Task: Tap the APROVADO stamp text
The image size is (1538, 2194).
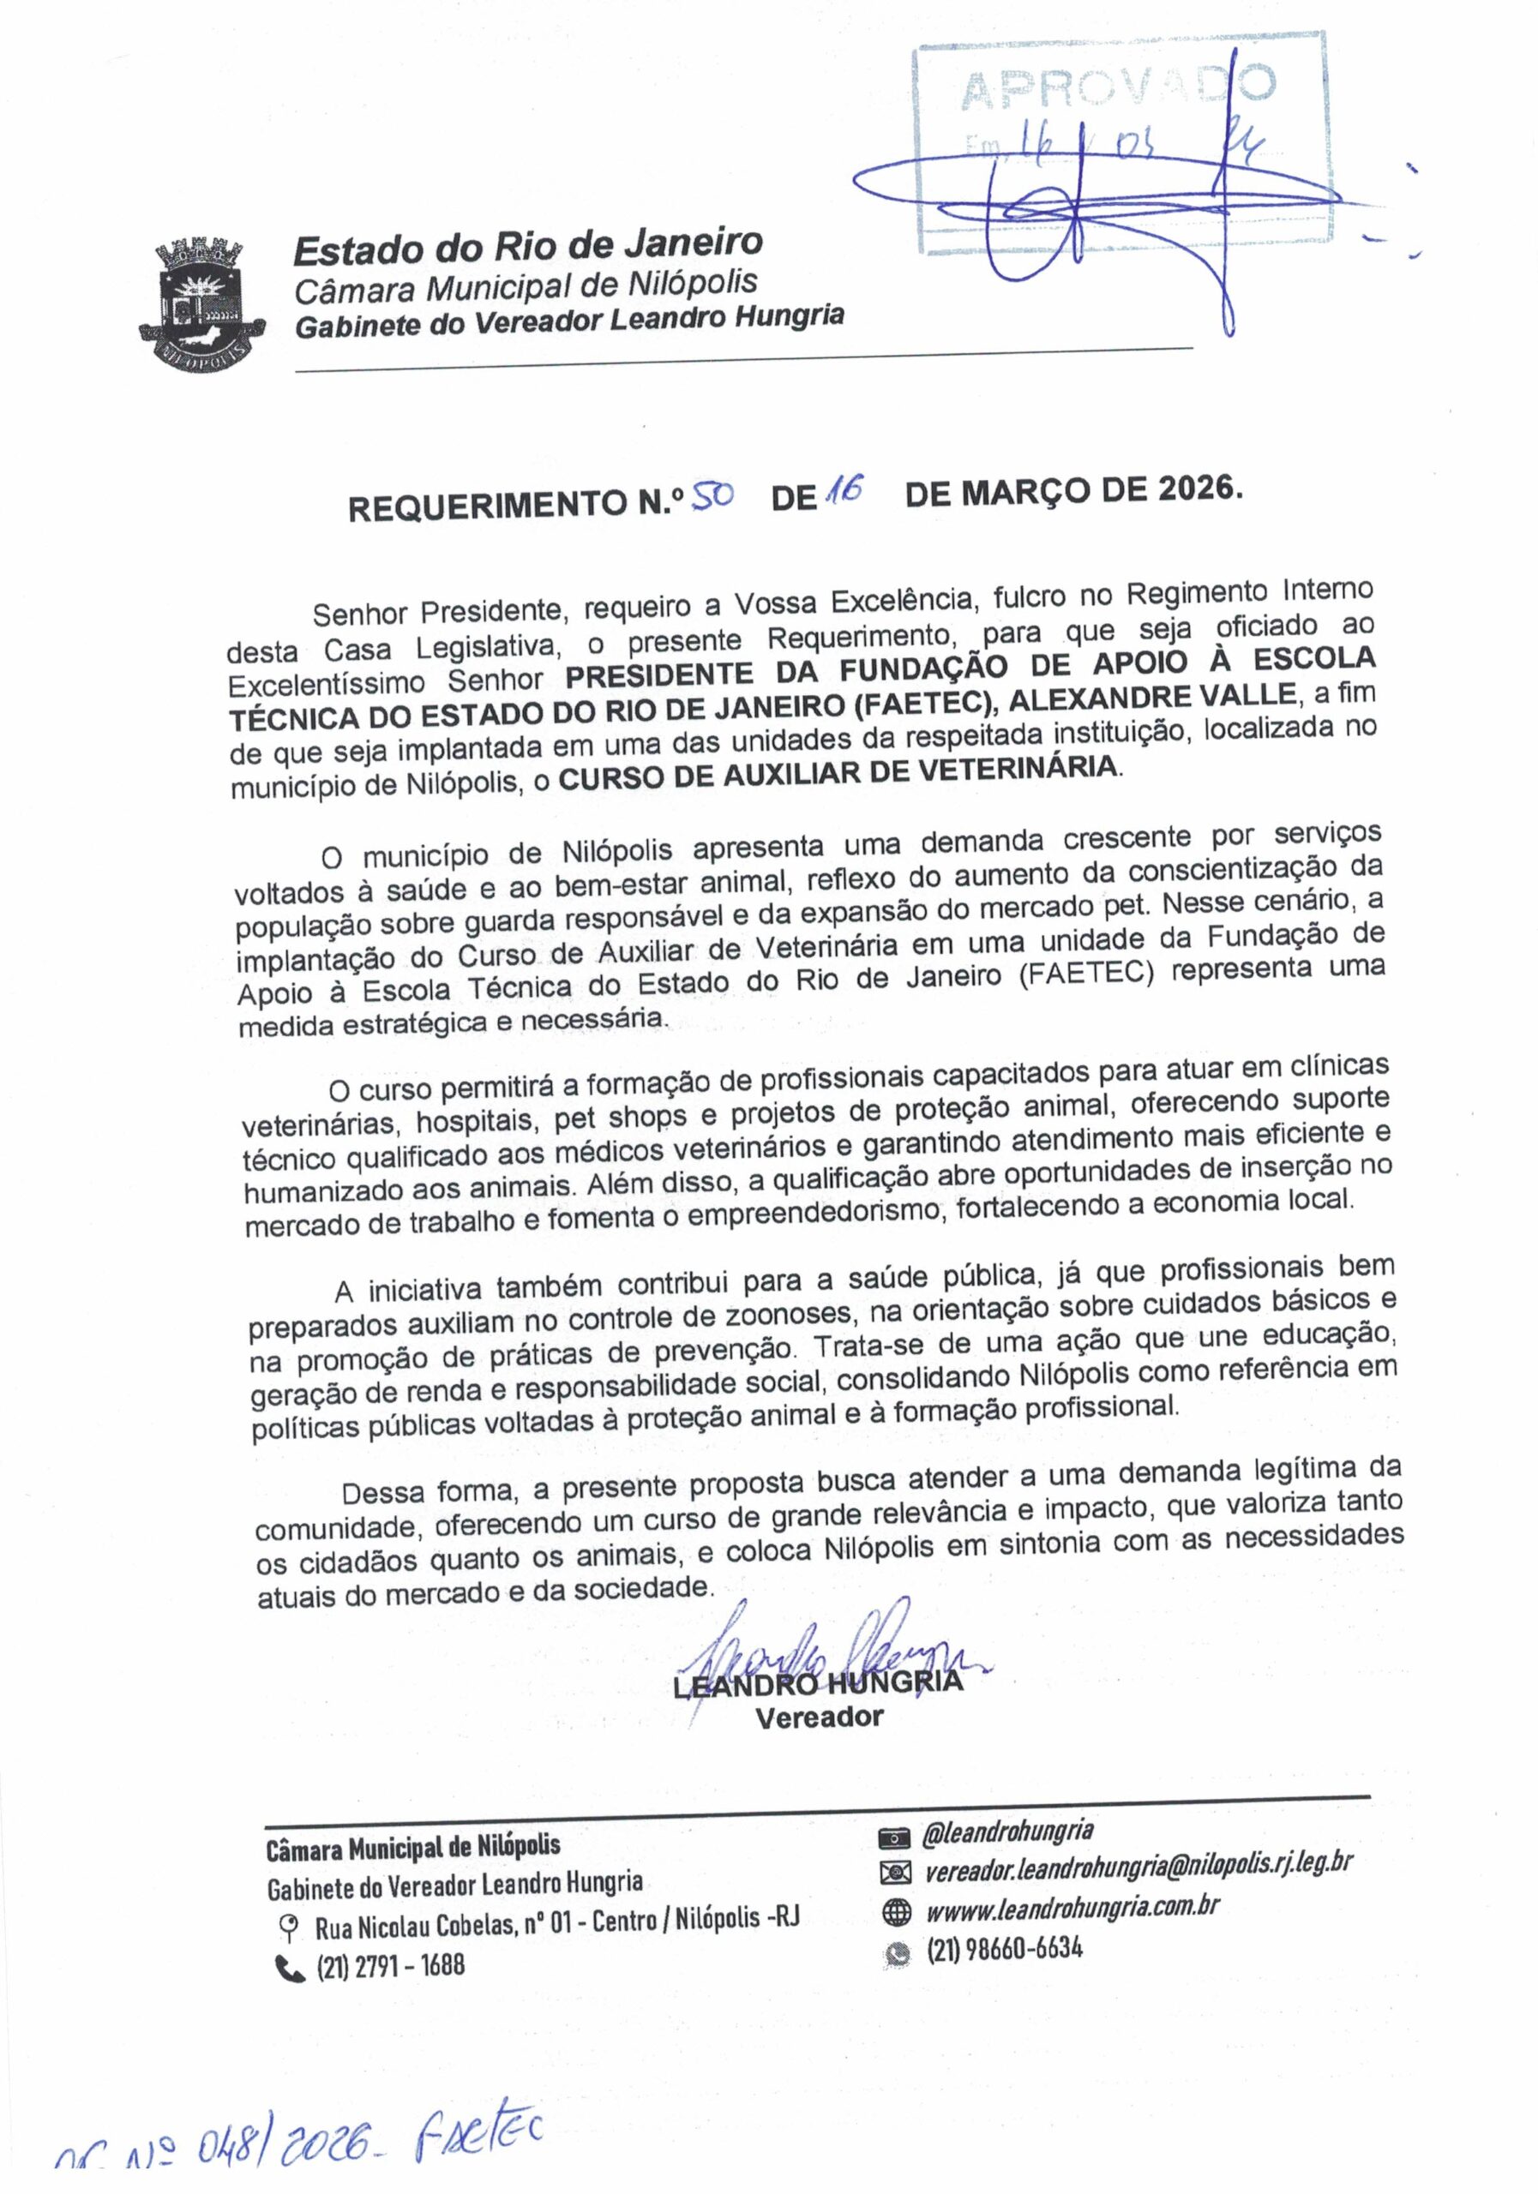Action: point(1116,88)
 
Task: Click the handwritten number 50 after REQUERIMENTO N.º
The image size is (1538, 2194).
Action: point(712,497)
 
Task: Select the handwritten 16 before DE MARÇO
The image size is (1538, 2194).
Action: point(844,491)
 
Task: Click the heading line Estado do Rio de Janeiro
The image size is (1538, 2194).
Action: point(527,248)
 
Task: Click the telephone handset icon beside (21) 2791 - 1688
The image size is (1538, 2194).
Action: point(286,1967)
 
